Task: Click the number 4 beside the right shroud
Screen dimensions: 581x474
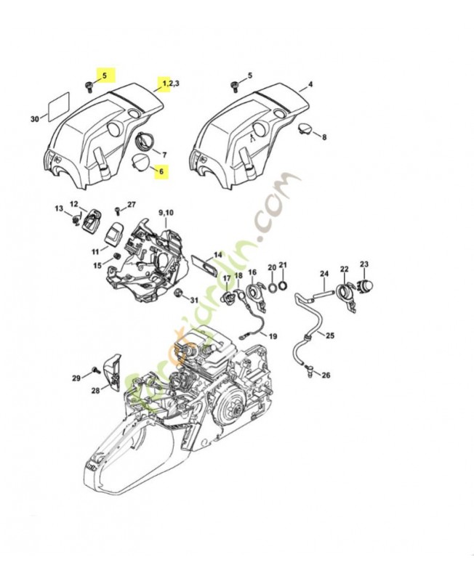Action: click(x=310, y=84)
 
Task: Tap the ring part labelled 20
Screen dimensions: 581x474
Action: click(x=270, y=285)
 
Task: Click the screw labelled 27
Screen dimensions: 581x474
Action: click(x=116, y=211)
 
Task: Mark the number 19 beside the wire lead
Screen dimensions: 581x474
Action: click(x=273, y=336)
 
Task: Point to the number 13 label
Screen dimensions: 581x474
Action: click(x=59, y=208)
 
